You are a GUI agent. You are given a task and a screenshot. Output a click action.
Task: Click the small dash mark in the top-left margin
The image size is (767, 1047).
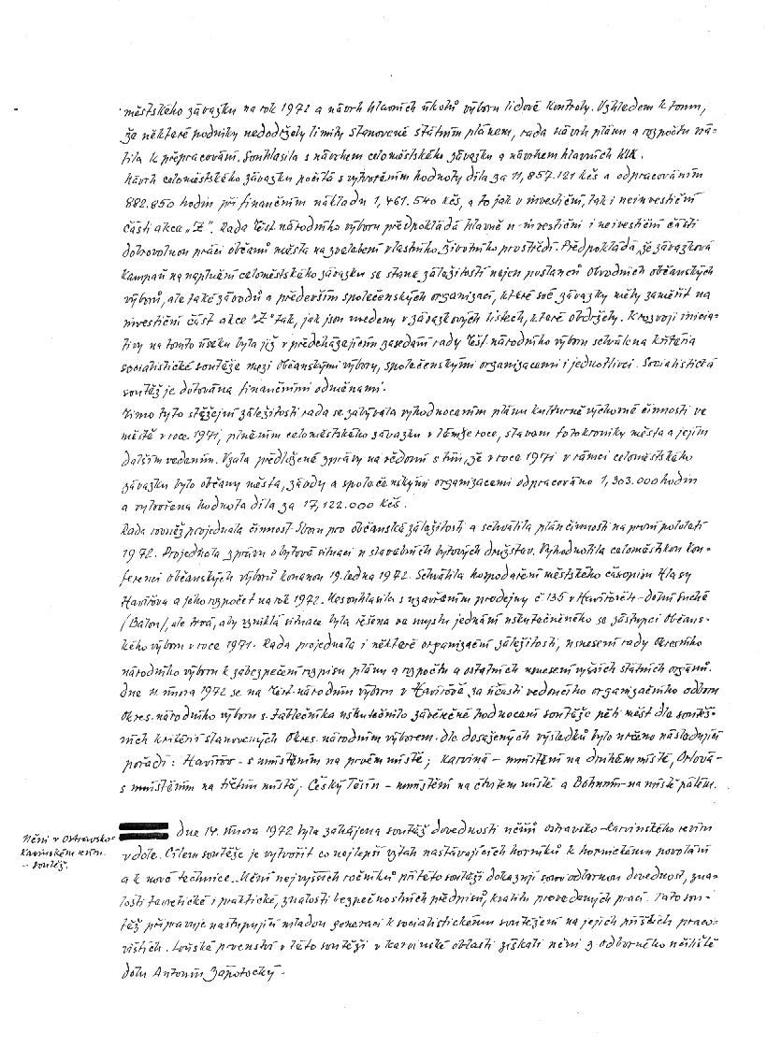click(19, 109)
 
